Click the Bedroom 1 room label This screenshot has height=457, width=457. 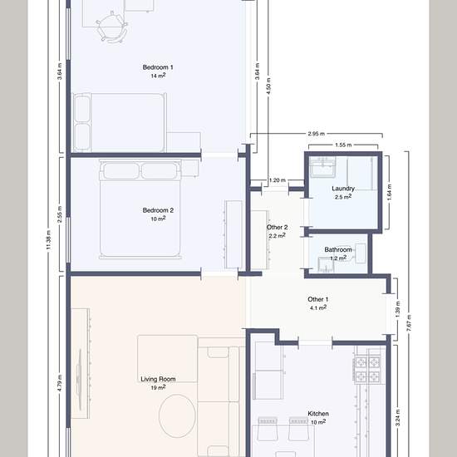[x=158, y=67]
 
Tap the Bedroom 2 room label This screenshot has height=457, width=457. [x=158, y=210]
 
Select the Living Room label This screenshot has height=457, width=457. [x=158, y=379]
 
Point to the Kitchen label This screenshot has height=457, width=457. [x=318, y=414]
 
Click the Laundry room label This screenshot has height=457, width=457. [x=343, y=189]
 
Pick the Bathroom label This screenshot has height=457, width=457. [x=338, y=250]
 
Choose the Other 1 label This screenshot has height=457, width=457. [x=318, y=299]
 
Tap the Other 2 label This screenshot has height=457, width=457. [x=278, y=228]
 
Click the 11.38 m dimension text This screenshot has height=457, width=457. [x=49, y=240]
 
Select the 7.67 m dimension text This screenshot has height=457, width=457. [x=409, y=323]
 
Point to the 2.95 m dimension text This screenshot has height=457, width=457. [x=317, y=134]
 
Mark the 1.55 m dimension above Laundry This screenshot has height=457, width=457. [x=343, y=145]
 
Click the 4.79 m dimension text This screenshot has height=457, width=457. [x=60, y=383]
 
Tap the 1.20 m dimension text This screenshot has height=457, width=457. [x=278, y=180]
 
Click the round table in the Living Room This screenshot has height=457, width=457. [x=177, y=416]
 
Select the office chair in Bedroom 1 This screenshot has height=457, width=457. [x=112, y=27]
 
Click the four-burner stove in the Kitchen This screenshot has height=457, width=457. [x=367, y=369]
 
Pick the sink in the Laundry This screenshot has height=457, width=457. [x=323, y=167]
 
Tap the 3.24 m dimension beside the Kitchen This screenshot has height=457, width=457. [x=398, y=417]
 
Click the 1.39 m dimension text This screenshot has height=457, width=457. [x=398, y=309]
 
